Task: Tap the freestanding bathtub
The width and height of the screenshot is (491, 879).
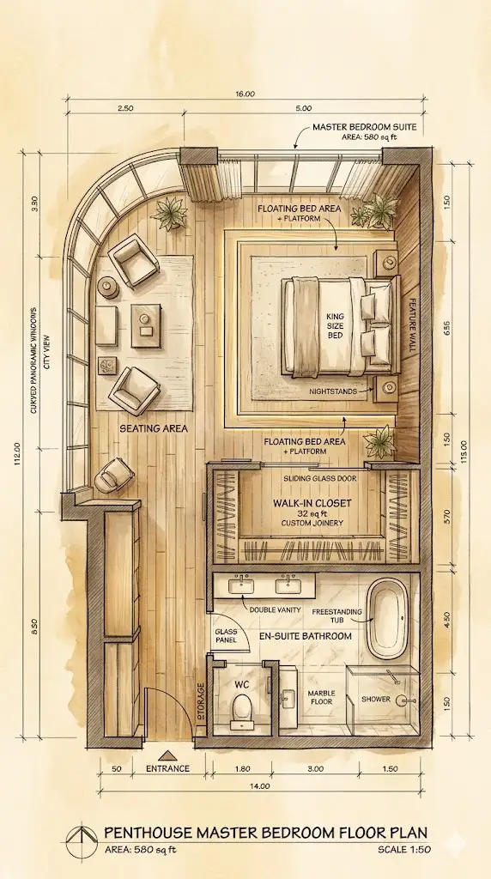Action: tap(387, 620)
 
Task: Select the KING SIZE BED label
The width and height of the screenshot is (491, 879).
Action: tap(335, 325)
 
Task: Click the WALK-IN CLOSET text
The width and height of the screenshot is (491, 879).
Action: tap(312, 503)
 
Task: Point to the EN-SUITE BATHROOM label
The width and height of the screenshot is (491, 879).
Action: tap(306, 636)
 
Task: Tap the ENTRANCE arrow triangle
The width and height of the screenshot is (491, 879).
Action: tap(167, 755)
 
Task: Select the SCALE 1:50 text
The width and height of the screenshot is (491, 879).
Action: tap(404, 850)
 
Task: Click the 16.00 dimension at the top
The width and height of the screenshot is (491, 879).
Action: tap(245, 94)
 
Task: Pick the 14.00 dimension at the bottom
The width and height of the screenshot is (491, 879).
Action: tap(260, 786)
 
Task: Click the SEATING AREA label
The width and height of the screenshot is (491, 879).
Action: tap(154, 429)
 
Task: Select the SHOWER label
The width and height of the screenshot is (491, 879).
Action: tap(375, 699)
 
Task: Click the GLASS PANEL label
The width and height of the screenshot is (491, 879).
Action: tap(225, 635)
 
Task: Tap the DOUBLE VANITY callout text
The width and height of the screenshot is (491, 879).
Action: tap(276, 610)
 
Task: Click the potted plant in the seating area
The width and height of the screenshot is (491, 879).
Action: tap(169, 213)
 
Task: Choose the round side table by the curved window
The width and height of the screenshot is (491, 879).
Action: tap(107, 287)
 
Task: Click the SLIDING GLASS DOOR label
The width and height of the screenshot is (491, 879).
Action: tap(319, 478)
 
